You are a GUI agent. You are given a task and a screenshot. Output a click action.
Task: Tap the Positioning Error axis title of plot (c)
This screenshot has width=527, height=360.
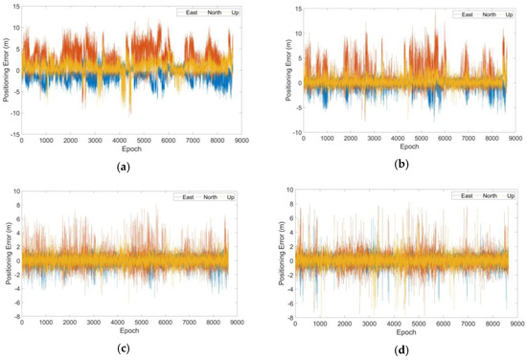pos(7,253)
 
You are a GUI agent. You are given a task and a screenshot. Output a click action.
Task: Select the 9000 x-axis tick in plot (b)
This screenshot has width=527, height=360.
pos(514,141)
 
